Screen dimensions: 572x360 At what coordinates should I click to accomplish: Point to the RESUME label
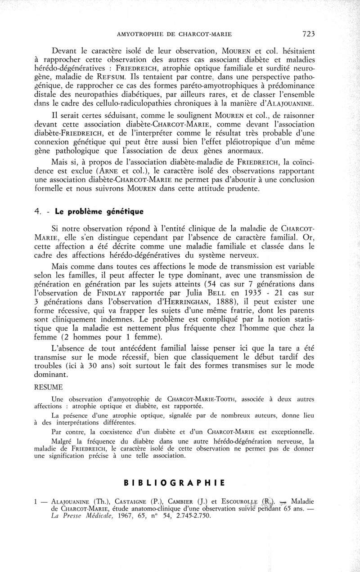[49, 386]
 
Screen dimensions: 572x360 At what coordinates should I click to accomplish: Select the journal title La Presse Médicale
[80, 516]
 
